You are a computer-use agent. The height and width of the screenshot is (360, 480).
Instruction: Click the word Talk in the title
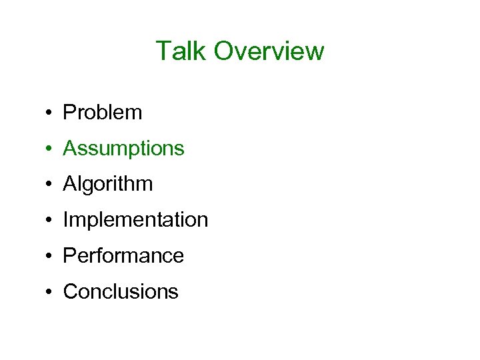181,51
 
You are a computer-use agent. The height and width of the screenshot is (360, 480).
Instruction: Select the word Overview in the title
269,51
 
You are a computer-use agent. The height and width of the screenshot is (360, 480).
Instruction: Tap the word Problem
102,113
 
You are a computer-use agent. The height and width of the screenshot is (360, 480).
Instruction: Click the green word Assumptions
123,149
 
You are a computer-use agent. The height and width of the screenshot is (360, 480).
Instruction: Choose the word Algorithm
107,185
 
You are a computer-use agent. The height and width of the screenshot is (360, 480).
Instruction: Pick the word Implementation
135,220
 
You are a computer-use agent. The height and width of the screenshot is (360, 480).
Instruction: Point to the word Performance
123,256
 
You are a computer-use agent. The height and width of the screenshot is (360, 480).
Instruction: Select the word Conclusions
121,292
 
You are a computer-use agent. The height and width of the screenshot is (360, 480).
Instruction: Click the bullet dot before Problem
50,113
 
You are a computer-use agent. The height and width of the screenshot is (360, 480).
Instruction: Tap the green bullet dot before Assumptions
50,149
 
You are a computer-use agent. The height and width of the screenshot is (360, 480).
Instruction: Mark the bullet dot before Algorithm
50,185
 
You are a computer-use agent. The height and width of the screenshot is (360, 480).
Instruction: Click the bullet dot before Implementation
50,221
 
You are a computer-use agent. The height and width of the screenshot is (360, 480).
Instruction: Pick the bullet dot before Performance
50,257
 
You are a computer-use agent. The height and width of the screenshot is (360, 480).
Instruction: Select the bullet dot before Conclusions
50,293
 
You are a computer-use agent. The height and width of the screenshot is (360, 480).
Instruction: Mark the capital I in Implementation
65,220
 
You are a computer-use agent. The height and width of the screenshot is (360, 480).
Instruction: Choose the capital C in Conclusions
69,292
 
